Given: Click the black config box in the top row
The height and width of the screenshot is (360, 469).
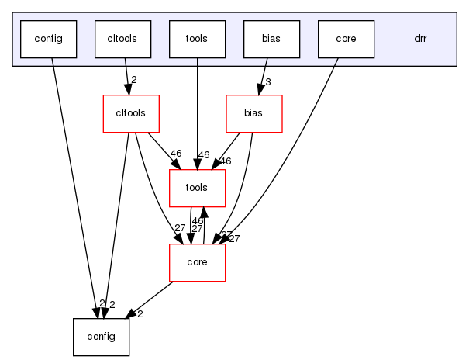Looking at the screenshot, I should coord(48,39).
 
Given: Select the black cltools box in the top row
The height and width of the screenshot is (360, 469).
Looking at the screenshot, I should coord(122,39).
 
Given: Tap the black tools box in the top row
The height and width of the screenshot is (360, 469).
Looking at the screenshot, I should coord(197,39).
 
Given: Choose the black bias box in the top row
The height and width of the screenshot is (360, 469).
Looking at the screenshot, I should coord(271,39).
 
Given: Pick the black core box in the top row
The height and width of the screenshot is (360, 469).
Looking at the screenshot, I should coord(346,39).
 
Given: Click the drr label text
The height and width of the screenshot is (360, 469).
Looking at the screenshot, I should coord(420,39).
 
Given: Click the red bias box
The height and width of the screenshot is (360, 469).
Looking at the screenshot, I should coord(253,113).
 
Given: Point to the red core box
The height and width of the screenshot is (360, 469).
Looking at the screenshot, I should coord(197,262).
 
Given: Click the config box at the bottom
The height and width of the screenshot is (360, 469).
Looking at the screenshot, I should coord(101,337).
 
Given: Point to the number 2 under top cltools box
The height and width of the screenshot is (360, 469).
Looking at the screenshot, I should coord(134,81).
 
